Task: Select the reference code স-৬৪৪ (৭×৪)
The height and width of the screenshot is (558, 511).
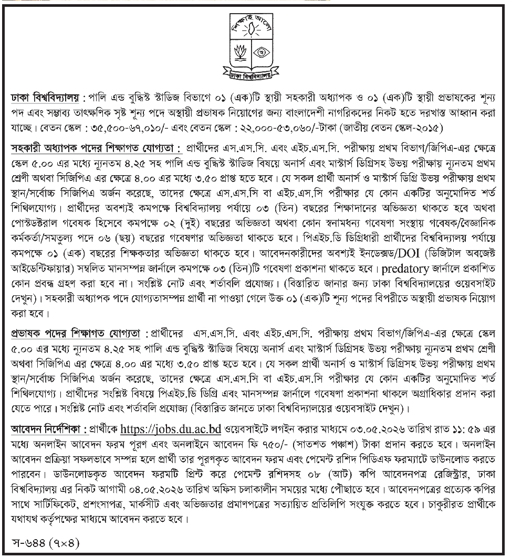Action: click(x=46, y=541)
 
